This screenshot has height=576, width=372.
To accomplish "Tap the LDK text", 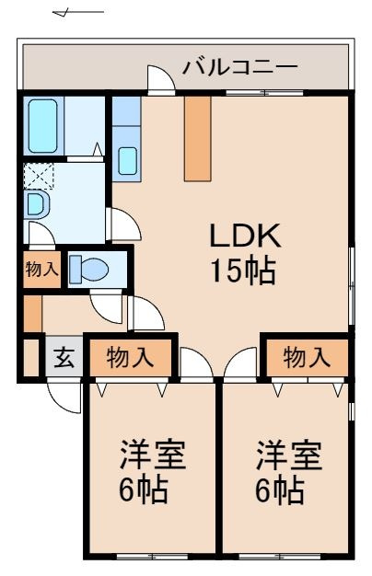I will (243, 236).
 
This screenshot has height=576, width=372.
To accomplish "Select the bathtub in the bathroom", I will (42, 126).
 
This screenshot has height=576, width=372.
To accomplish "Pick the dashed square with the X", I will (38, 175).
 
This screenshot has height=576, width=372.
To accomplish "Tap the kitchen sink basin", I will (127, 162).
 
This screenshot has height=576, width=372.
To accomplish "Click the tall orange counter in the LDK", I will (197, 138).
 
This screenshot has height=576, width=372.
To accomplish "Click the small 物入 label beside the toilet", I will (41, 270).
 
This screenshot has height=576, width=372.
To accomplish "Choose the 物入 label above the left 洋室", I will (129, 357).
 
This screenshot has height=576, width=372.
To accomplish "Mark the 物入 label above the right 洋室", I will (306, 357).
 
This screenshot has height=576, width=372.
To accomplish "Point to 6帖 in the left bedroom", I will (143, 490).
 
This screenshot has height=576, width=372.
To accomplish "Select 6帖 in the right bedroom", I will (279, 490).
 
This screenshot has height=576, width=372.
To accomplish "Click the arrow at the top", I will (78, 14).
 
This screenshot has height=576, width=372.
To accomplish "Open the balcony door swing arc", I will (161, 79).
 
